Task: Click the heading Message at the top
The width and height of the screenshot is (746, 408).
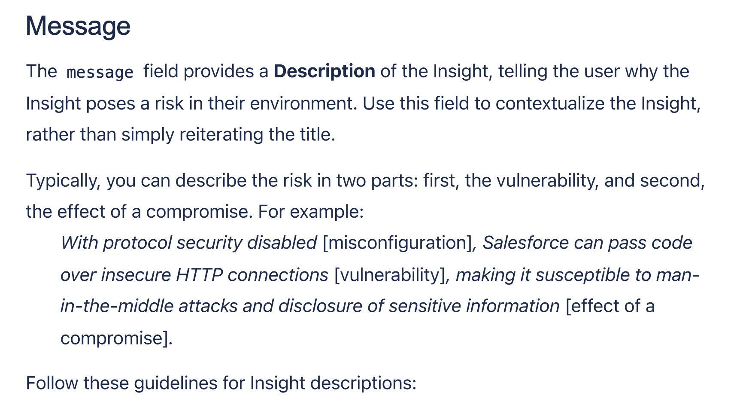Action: (x=78, y=26)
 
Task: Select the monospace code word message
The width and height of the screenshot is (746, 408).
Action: (x=100, y=72)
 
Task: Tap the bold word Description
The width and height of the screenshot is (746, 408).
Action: (x=324, y=71)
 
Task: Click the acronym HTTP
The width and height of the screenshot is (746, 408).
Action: (x=199, y=275)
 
